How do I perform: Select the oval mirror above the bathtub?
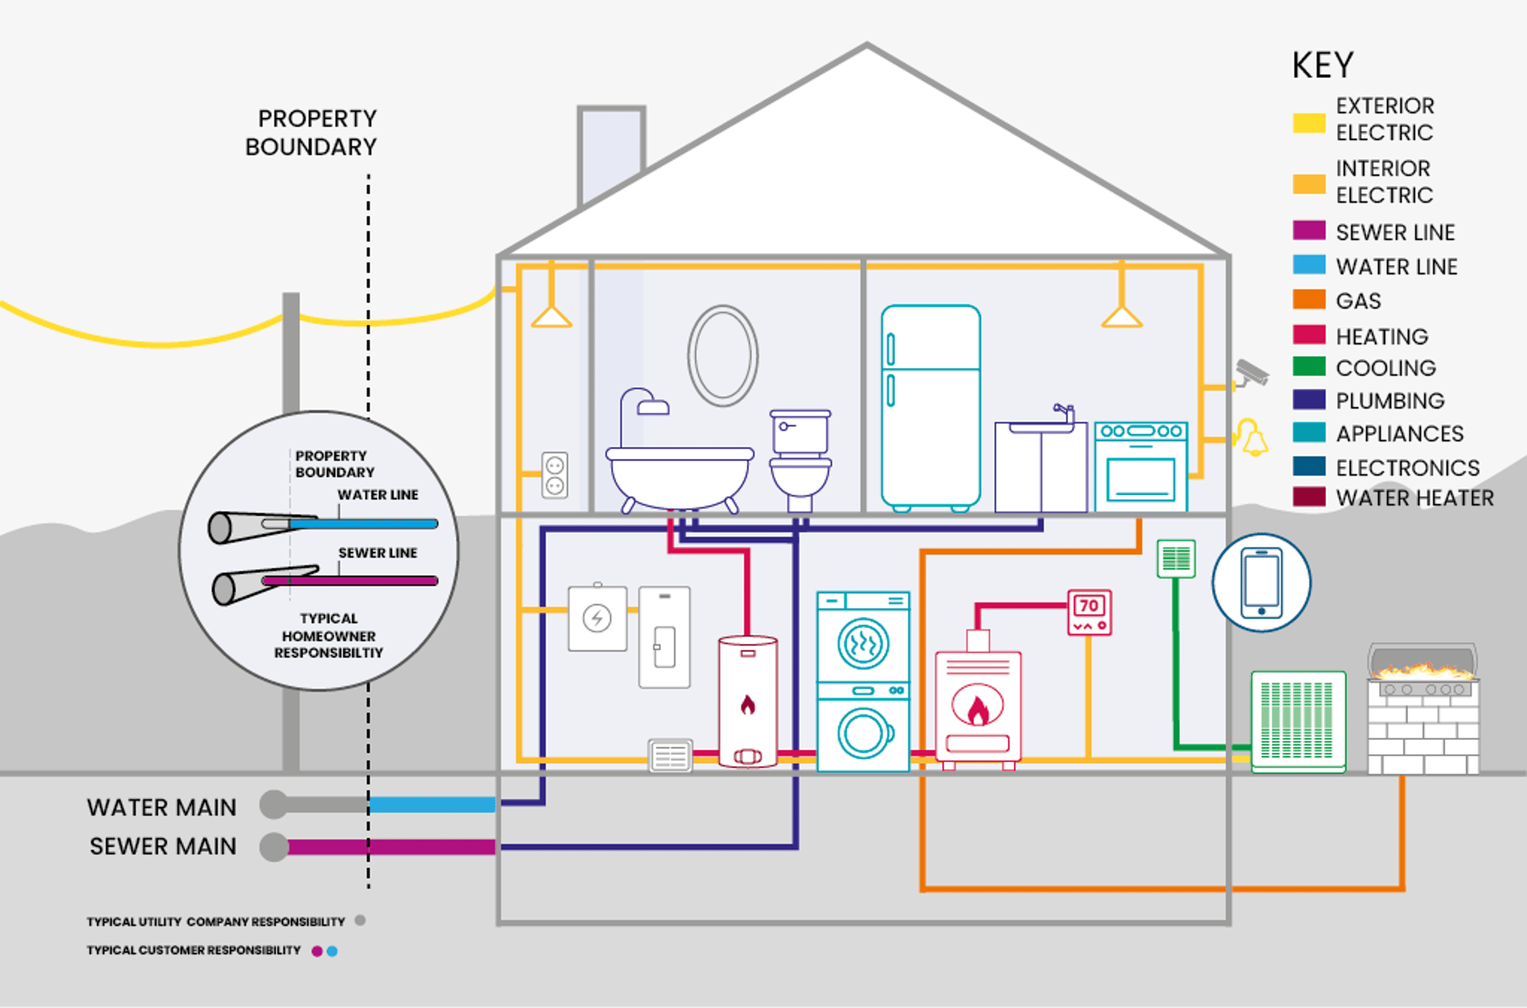tap(722, 356)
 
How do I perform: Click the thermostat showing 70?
tap(1089, 612)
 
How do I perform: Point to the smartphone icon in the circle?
tap(1261, 582)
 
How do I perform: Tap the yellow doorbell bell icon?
tap(1253, 438)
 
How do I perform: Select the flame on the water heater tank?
tap(748, 704)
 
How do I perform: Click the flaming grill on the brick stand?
tap(1423, 667)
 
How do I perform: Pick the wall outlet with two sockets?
tap(555, 476)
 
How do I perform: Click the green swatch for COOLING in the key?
tap(1309, 367)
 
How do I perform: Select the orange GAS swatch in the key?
tap(1309, 300)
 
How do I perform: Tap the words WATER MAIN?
tap(161, 807)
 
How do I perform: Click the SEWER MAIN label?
tap(163, 846)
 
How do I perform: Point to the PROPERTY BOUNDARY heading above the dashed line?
tap(312, 133)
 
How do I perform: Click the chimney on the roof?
tap(610, 153)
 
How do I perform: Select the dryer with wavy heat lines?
tap(863, 643)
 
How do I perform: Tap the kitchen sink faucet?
tap(1064, 412)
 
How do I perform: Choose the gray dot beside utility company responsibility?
tap(360, 921)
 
